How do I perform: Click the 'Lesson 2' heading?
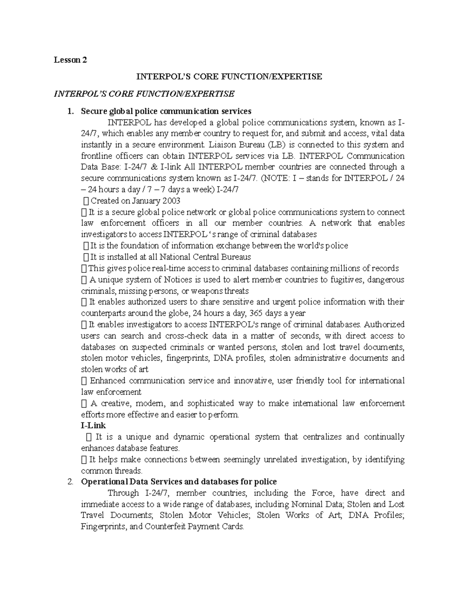click(x=70, y=60)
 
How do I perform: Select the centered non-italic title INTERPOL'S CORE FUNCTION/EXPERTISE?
click(x=229, y=76)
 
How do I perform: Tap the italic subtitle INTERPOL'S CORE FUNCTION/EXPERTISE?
click(x=144, y=94)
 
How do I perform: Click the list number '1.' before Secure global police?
click(x=70, y=111)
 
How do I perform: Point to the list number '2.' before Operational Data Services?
click(x=70, y=482)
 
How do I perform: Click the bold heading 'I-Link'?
click(x=93, y=425)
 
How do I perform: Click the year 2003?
click(x=171, y=201)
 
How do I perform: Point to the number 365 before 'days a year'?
click(x=256, y=313)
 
